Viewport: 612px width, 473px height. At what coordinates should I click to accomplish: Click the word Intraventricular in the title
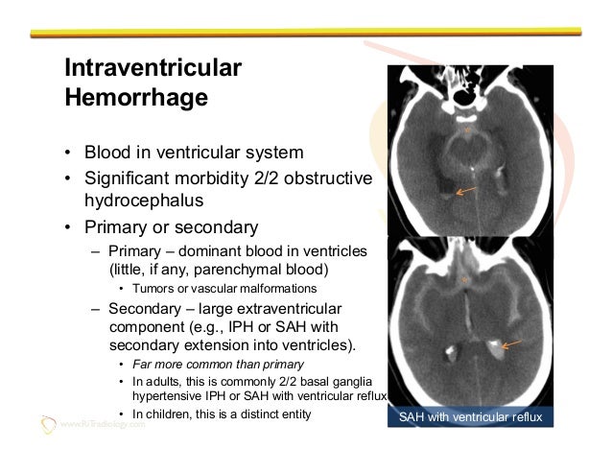pos(152,69)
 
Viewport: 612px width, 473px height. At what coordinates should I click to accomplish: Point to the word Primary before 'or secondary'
pos(115,228)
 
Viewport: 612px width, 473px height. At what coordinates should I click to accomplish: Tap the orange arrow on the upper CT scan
pos(466,192)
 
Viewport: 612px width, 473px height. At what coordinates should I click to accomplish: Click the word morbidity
pos(225,179)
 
